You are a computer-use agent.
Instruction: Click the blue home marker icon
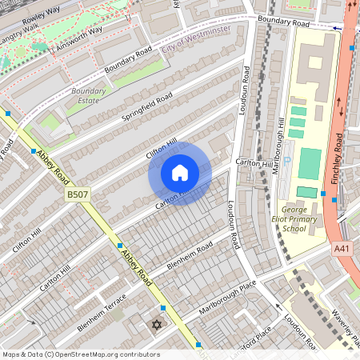point(180,173)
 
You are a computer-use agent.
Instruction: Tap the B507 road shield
point(78,194)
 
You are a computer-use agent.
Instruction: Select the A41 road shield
point(342,250)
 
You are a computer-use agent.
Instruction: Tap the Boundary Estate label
point(88,97)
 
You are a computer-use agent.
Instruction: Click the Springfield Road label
point(147,110)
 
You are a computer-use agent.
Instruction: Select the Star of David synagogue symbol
point(156,325)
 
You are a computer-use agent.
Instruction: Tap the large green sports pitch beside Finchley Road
point(309,163)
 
